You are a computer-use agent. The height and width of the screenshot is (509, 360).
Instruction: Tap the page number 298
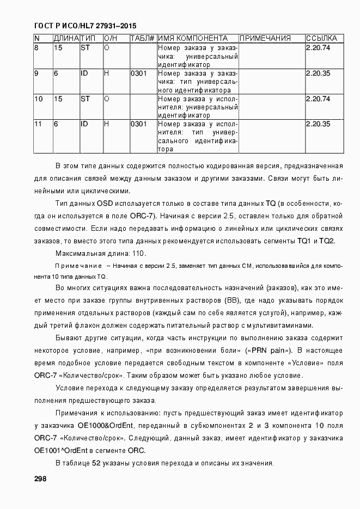(x=40, y=479)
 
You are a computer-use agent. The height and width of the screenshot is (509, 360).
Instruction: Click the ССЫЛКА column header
(x=321, y=39)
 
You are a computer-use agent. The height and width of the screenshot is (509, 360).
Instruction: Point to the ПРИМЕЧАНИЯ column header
(x=265, y=39)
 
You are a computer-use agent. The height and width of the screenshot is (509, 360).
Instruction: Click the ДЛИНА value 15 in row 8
(x=58, y=47)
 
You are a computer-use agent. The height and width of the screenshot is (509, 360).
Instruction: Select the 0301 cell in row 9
(x=138, y=73)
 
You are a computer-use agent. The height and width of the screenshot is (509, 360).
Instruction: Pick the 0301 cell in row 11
(x=138, y=124)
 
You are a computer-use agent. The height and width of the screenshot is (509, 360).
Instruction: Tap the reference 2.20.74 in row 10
(x=318, y=99)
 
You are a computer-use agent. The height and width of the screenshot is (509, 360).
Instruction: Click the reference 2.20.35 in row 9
(x=318, y=73)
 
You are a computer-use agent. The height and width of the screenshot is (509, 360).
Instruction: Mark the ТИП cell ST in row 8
(x=85, y=47)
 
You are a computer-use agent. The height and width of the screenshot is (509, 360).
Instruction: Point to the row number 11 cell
(x=38, y=124)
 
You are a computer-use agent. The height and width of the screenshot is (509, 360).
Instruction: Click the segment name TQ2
(x=327, y=241)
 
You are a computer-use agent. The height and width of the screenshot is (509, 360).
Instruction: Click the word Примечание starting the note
(x=79, y=266)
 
